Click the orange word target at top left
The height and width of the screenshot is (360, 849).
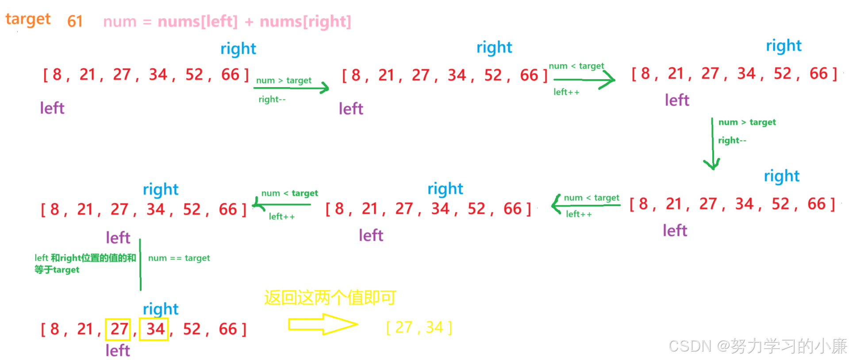pyautogui.click(x=28, y=19)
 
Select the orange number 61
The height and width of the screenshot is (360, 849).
pyautogui.click(x=75, y=21)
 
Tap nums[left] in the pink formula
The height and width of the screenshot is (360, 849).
pyautogui.click(x=197, y=21)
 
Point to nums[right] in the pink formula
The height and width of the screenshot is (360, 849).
pyautogui.click(x=305, y=21)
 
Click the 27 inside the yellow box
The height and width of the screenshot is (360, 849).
pyautogui.click(x=119, y=329)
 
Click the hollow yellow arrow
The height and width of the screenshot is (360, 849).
pyautogui.click(x=322, y=324)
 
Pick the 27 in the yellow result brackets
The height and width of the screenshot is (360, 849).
pyautogui.click(x=403, y=328)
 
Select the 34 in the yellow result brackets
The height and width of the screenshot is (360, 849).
pyautogui.click(x=434, y=328)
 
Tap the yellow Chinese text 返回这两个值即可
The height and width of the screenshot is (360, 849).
pyautogui.click(x=330, y=298)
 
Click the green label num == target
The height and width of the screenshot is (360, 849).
pyautogui.click(x=179, y=258)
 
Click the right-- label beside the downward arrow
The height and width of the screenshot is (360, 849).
pyautogui.click(x=732, y=140)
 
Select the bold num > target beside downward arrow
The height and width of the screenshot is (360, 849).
pyautogui.click(x=747, y=122)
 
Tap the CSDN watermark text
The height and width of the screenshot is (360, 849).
pyautogui.click(x=757, y=346)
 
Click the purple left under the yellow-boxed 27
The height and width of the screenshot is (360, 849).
pyautogui.click(x=118, y=351)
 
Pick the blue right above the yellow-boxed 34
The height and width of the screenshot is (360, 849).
pyautogui.click(x=160, y=309)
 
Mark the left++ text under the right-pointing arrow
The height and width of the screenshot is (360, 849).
pyautogui.click(x=566, y=92)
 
